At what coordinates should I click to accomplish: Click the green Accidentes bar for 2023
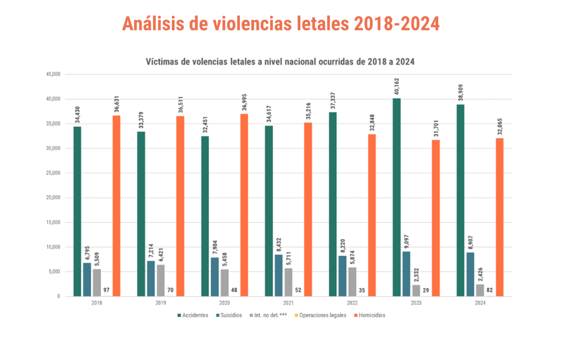(x=396, y=198)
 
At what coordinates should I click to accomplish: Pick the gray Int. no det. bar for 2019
(x=161, y=280)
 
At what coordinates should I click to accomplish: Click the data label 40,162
(x=396, y=88)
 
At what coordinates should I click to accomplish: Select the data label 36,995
(x=244, y=103)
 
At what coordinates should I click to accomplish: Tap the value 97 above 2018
(x=106, y=290)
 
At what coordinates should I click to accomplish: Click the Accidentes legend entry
(x=192, y=316)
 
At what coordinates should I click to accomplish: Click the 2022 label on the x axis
(x=352, y=302)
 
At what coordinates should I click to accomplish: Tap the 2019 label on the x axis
(x=161, y=302)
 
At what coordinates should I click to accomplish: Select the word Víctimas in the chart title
(x=162, y=61)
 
